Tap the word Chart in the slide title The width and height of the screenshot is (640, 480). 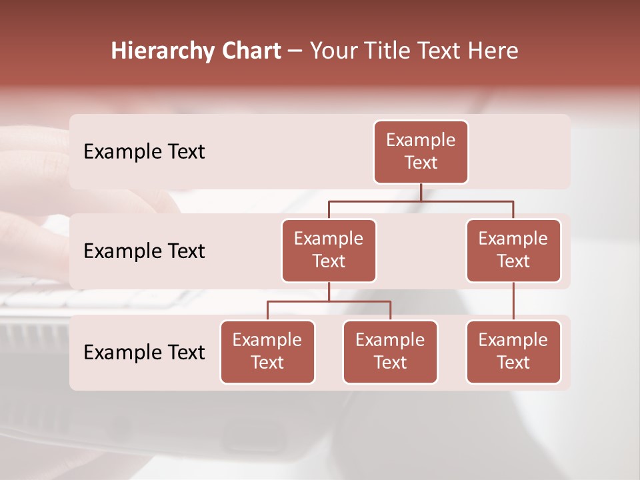pyautogui.click(x=251, y=51)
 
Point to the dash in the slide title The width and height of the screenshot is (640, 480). pyautogui.click(x=295, y=51)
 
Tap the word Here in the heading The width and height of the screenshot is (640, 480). pyautogui.click(x=493, y=51)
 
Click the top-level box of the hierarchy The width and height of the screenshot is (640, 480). pyautogui.click(x=421, y=151)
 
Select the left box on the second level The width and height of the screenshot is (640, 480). pyautogui.click(x=329, y=250)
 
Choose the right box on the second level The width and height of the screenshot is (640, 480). pyautogui.click(x=513, y=250)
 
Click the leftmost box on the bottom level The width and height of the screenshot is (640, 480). pyautogui.click(x=267, y=351)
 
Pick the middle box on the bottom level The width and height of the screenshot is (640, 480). pyautogui.click(x=390, y=351)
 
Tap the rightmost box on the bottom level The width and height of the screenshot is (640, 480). pyautogui.click(x=513, y=351)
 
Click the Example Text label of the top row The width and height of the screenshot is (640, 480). pyautogui.click(x=144, y=151)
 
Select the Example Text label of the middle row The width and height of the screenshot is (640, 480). pyautogui.click(x=144, y=251)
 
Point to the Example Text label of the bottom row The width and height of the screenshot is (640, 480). pyautogui.click(x=144, y=352)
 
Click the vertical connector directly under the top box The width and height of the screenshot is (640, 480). pyautogui.click(x=421, y=192)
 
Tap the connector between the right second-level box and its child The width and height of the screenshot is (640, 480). pyautogui.click(x=513, y=301)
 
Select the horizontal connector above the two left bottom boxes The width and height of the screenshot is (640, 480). pyautogui.click(x=329, y=301)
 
